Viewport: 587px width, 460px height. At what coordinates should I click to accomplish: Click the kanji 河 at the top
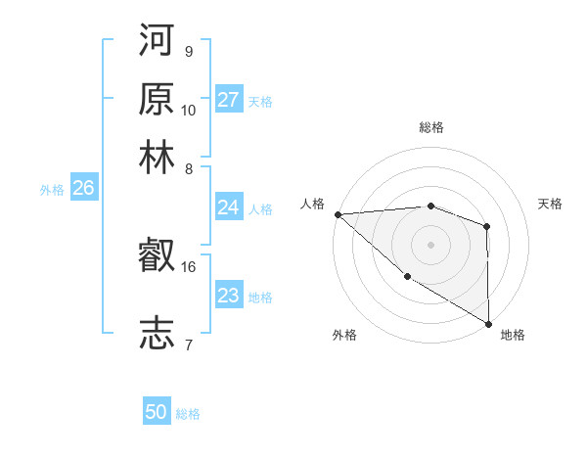(158, 43)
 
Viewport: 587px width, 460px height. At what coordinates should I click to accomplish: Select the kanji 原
(158, 100)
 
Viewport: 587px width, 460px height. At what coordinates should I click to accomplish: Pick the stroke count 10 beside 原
(189, 110)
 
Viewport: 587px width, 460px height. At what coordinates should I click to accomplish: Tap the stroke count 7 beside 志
(188, 344)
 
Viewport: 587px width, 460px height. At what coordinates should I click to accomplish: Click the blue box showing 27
(229, 100)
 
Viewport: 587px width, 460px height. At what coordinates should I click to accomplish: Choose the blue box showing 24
(229, 207)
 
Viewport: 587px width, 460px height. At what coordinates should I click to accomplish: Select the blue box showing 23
(229, 296)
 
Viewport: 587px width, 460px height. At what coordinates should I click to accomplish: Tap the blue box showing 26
(83, 189)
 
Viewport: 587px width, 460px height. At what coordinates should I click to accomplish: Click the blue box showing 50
(157, 412)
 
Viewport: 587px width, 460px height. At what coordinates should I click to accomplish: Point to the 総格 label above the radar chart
(430, 127)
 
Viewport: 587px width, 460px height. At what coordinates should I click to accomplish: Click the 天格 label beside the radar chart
(551, 204)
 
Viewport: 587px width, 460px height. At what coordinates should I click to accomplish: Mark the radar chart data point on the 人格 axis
(337, 214)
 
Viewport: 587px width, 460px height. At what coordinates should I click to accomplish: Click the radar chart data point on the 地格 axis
(488, 323)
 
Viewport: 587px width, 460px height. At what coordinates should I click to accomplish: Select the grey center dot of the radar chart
(430, 244)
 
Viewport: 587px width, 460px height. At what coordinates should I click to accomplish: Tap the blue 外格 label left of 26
(52, 190)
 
